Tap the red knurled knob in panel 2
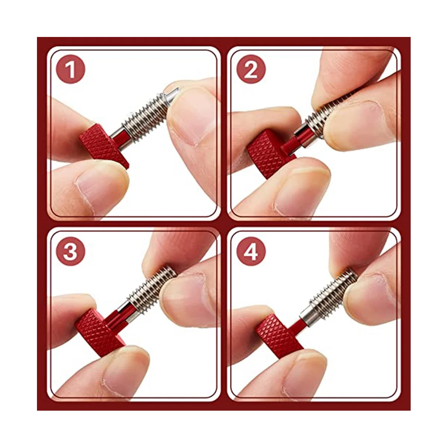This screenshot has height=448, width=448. point(267,153)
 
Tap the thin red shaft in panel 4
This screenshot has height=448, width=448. point(299,327)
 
